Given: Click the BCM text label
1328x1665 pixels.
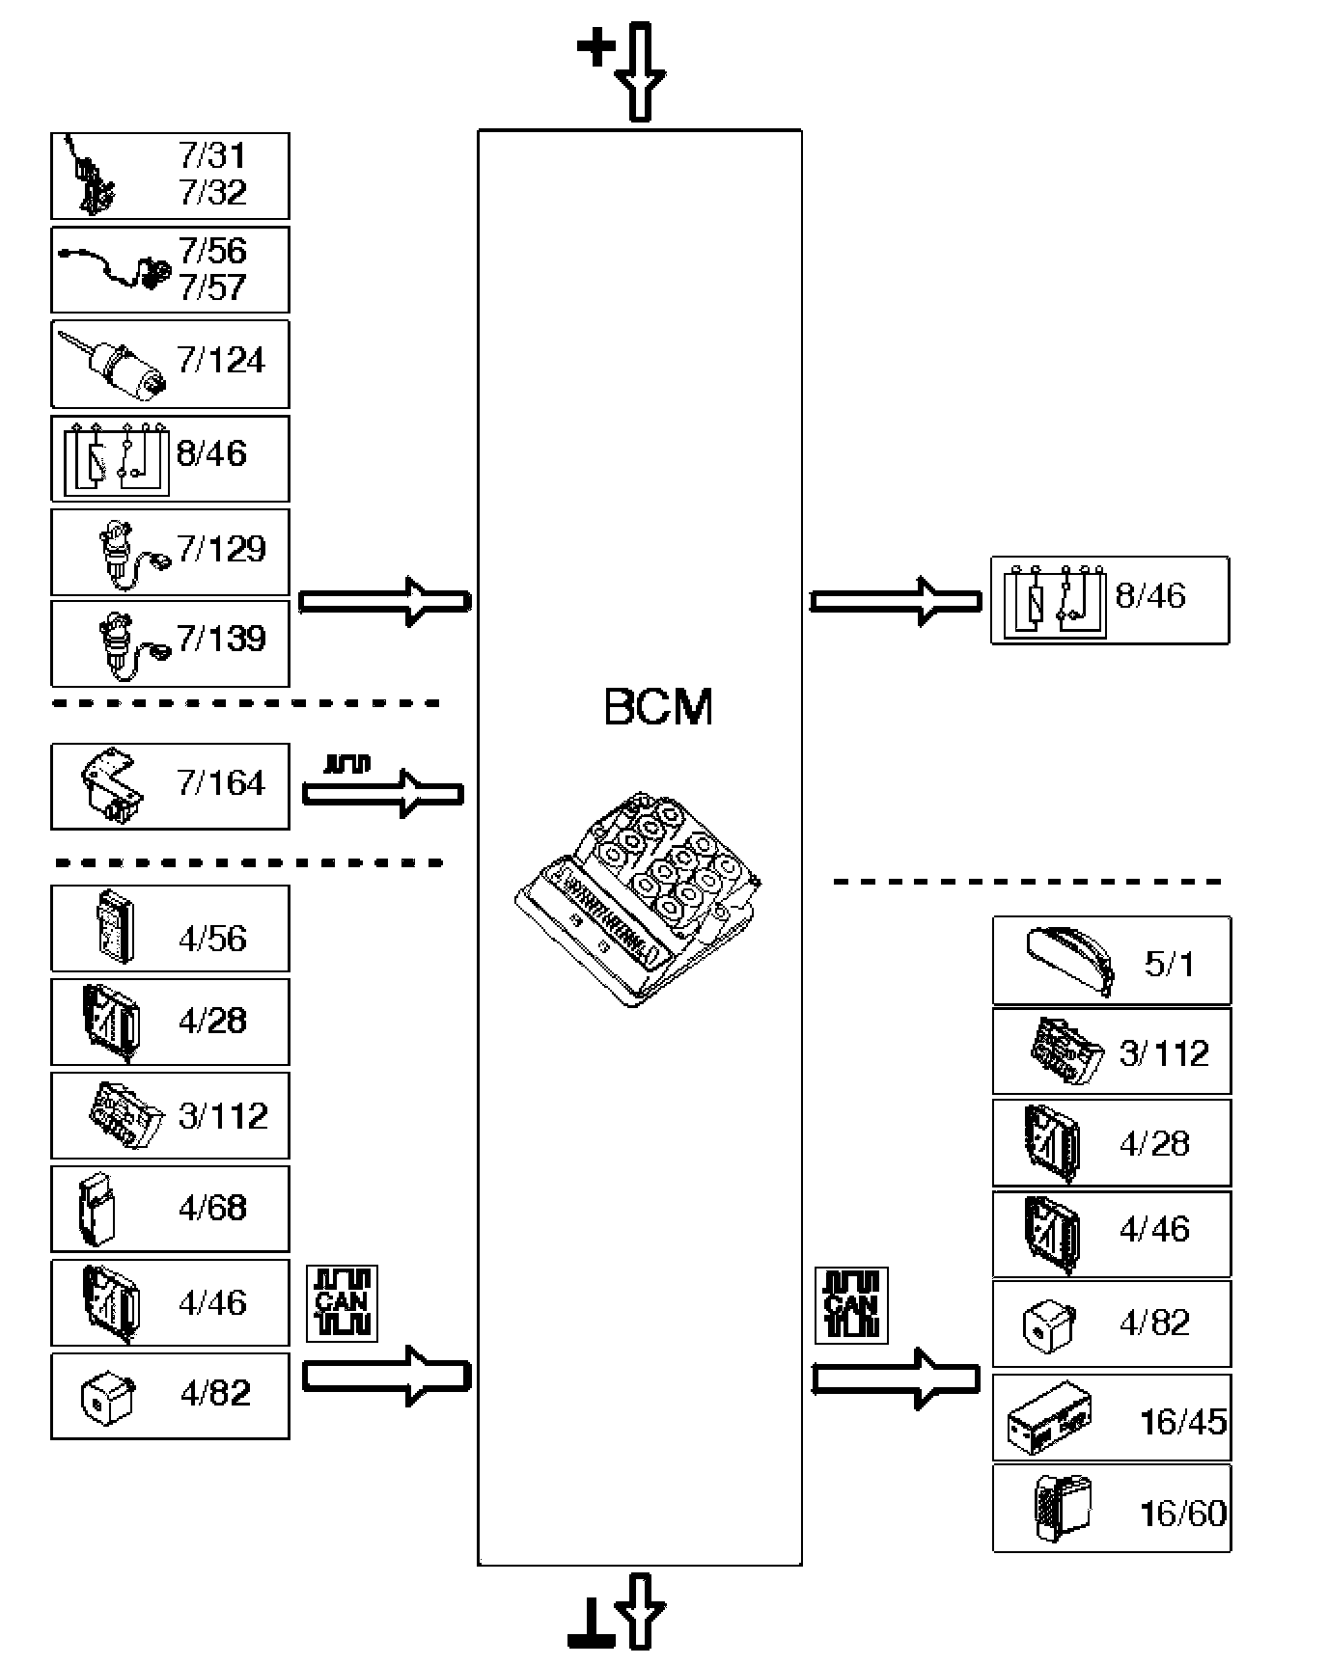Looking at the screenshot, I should coord(658,707).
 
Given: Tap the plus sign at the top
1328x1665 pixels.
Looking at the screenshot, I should coord(595,47).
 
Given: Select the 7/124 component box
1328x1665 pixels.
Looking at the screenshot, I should coord(170,365).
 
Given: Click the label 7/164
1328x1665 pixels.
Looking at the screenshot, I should coord(221,782).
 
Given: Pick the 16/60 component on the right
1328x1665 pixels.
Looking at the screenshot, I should coord(1112,1509).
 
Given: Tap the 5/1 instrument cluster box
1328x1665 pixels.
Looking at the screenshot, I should coord(1112,961).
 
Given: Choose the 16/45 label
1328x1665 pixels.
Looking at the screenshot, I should coord(1183,1421).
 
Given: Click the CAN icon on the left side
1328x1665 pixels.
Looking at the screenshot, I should coord(342,1303).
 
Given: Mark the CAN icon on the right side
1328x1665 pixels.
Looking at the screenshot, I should coord(851,1305).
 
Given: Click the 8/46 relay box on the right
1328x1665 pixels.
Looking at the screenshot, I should coord(1110,600).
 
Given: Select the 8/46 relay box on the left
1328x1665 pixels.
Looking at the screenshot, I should coord(170,458).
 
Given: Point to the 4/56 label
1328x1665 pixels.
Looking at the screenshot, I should coord(212,938).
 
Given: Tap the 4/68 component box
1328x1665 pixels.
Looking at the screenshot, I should coord(170,1209).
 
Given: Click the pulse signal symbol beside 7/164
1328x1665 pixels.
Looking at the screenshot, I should coord(347,765).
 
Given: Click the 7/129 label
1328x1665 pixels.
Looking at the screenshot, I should coord(221,548).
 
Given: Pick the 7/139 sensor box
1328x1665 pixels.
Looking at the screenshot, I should coord(170,643).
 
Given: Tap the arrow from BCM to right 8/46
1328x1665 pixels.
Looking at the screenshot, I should coord(896,601).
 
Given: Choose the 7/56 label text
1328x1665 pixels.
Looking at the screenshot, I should coord(212,251).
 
